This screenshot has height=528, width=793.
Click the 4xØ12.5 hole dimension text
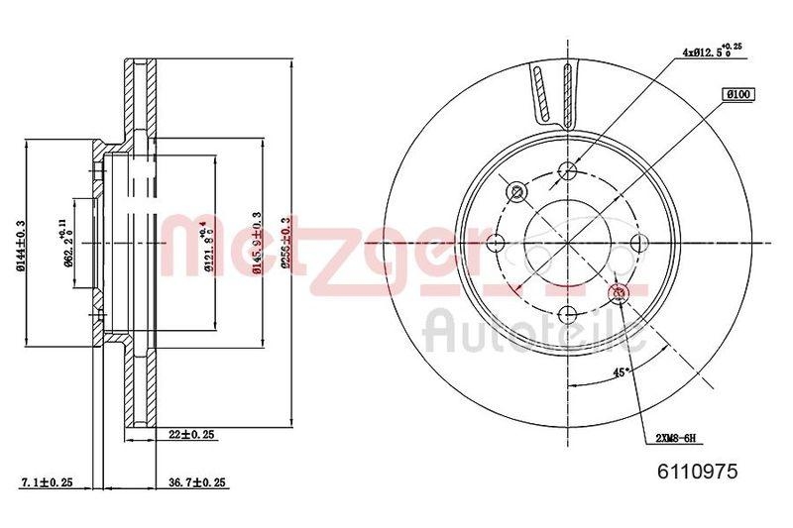coord(710,49)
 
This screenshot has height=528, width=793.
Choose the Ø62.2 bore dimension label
coord(67,243)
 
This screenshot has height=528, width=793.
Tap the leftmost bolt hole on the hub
coord(497,242)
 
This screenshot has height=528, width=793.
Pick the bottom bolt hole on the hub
coord(567,315)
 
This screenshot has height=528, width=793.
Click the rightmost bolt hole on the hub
coord(639,242)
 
